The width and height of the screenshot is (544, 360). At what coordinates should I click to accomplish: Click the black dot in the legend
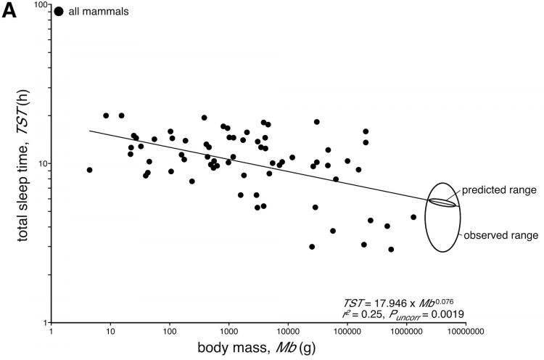[x=59, y=11]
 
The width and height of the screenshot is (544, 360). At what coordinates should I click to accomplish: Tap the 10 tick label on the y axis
[x=41, y=163]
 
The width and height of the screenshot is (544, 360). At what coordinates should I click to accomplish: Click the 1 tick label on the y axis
[x=44, y=322]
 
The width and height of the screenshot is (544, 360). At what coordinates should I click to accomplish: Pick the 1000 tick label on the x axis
[x=228, y=333]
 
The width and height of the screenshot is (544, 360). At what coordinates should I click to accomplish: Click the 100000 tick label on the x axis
[x=346, y=333]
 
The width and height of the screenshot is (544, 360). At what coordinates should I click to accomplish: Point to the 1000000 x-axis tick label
[x=405, y=333]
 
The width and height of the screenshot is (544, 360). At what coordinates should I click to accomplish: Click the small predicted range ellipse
[x=442, y=202]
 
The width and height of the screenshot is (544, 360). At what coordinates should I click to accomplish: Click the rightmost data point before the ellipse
[x=413, y=217]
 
